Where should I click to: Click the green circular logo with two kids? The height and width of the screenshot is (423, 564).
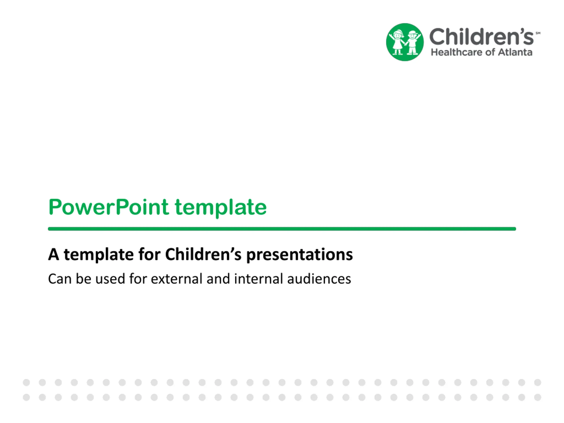pyautogui.click(x=405, y=42)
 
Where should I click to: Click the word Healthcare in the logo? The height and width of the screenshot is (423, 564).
pyautogui.click(x=457, y=52)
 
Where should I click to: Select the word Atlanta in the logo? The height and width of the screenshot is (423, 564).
pyautogui.click(x=515, y=52)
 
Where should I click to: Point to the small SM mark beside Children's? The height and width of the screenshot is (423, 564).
pyautogui.click(x=538, y=33)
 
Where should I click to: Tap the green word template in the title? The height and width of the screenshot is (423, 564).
pyautogui.click(x=221, y=208)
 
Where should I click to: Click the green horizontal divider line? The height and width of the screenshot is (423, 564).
pyautogui.click(x=282, y=229)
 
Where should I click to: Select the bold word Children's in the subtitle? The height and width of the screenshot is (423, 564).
pyautogui.click(x=203, y=254)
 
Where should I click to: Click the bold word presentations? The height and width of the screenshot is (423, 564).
pyautogui.click(x=300, y=255)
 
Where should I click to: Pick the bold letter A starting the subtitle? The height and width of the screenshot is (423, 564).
pyautogui.click(x=54, y=254)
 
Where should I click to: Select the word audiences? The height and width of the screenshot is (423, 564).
pyautogui.click(x=319, y=279)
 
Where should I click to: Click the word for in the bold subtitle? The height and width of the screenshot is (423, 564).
pyautogui.click(x=149, y=254)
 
